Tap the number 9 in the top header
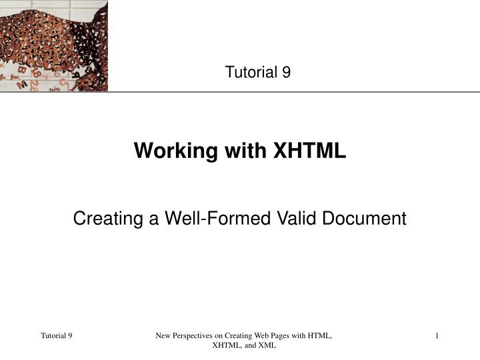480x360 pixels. coord(286,73)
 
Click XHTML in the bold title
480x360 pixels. coord(309,151)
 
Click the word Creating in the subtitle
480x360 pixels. coord(101,218)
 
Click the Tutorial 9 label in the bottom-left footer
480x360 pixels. coord(57,335)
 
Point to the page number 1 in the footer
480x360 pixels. coord(437,335)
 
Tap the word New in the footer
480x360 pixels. coord(163,335)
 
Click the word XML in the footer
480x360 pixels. coord(266,346)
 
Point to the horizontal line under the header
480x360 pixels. coord(293,92)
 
